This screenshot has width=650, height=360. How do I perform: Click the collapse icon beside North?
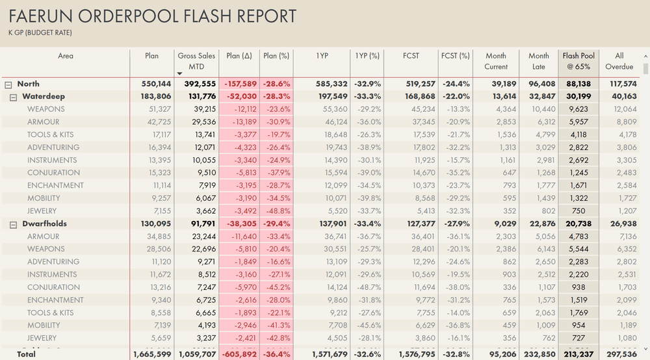point(8,84)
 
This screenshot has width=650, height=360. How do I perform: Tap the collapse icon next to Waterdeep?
point(14,97)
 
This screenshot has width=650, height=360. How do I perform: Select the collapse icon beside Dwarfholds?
point(14,224)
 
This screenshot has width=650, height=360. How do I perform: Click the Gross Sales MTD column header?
point(196,61)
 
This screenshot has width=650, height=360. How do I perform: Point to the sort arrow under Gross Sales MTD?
point(180,74)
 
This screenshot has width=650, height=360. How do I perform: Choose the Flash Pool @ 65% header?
point(578,61)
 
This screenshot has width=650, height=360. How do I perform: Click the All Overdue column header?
point(619,61)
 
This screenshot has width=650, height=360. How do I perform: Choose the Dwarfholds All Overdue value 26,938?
point(621,224)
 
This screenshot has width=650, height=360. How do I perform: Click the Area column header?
point(66,56)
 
